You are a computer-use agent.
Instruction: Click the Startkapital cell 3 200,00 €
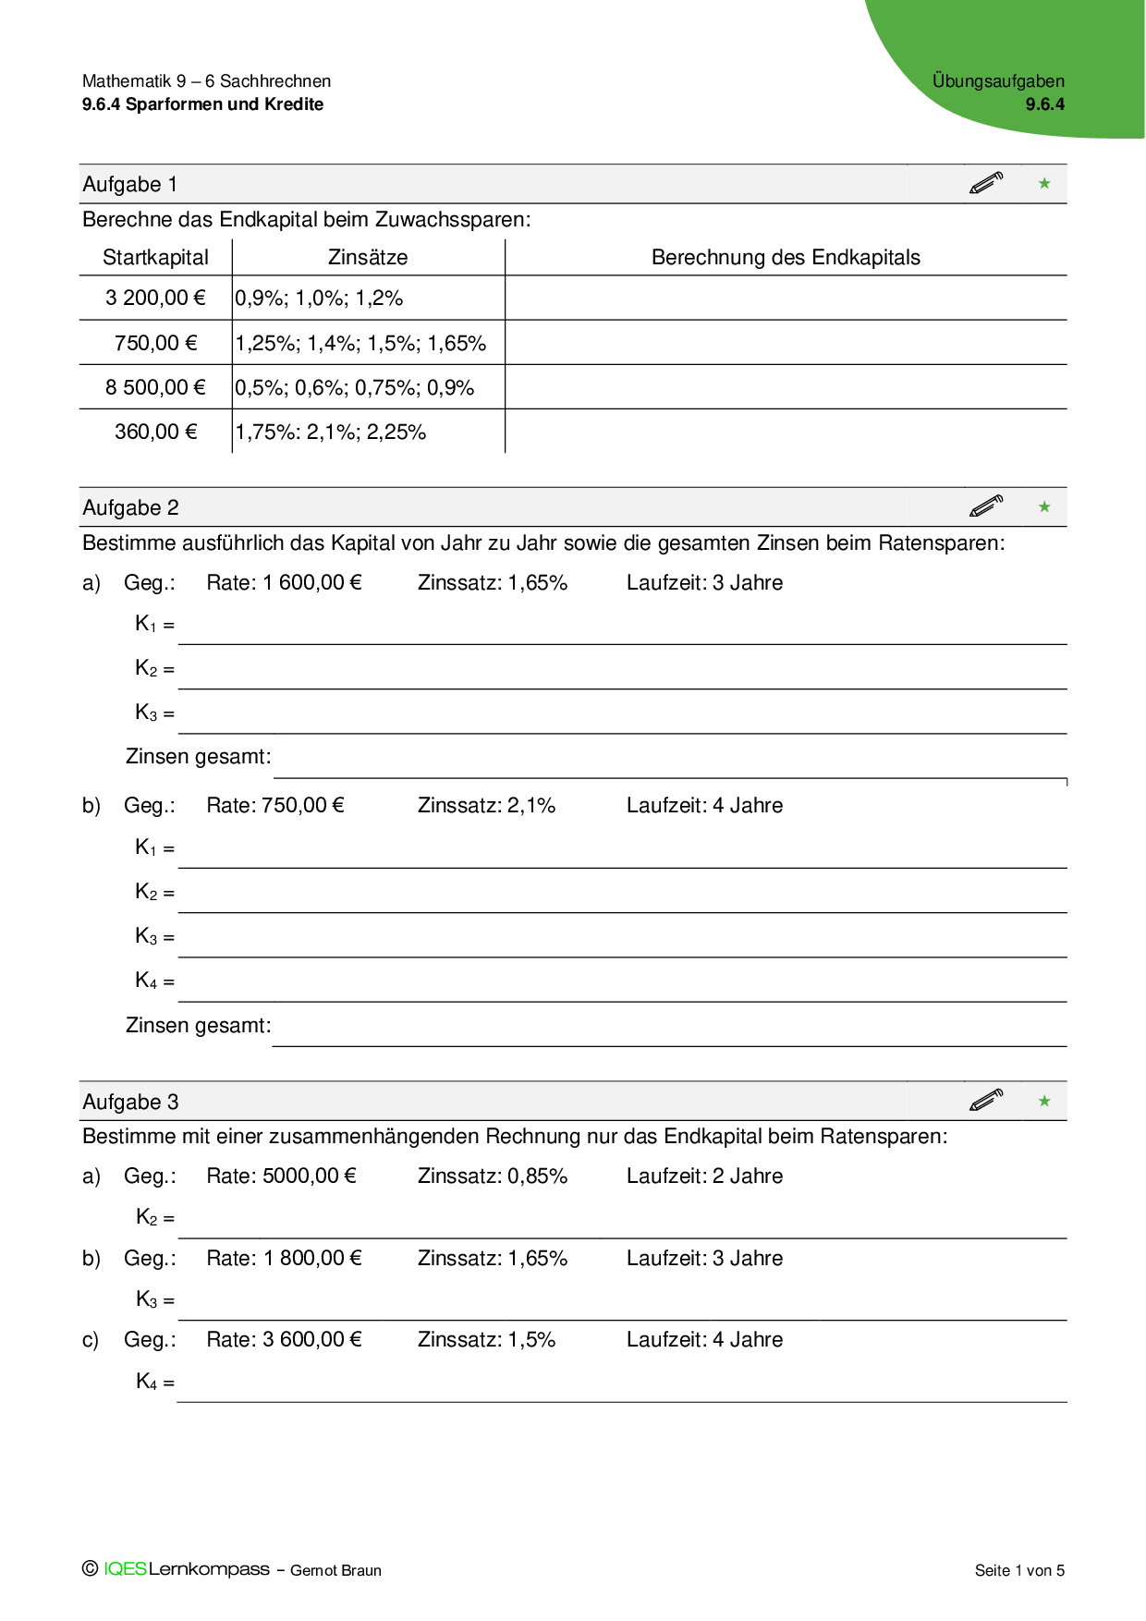point(155,298)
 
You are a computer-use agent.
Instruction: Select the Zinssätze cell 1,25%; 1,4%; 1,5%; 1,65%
point(360,343)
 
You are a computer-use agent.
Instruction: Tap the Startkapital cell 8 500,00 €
point(155,387)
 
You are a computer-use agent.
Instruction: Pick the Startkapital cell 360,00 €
point(155,432)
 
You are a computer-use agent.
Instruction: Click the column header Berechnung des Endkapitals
point(786,257)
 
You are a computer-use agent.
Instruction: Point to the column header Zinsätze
point(368,257)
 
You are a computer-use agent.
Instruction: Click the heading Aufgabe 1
point(130,184)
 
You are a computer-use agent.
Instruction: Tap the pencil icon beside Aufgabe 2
point(986,506)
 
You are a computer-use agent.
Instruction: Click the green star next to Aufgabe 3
point(1044,1101)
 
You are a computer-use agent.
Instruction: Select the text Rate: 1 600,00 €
point(284,582)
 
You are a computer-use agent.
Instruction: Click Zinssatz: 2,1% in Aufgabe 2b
point(486,805)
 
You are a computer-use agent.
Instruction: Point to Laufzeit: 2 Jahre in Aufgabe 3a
point(704,1176)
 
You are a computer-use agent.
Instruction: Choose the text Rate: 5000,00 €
point(281,1176)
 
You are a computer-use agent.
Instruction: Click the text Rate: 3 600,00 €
point(284,1339)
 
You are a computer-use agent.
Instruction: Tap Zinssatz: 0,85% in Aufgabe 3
point(492,1176)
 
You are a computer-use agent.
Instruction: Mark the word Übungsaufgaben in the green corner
point(998,80)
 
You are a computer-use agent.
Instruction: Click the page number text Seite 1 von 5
point(1019,1570)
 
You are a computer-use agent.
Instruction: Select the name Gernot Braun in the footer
point(335,1570)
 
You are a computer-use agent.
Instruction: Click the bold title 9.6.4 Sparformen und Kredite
point(202,104)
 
